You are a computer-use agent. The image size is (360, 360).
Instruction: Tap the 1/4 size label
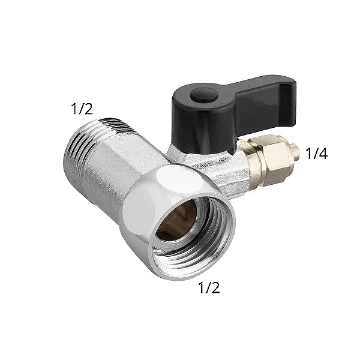point(317,154)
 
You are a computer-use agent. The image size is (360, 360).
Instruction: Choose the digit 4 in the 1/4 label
point(324,154)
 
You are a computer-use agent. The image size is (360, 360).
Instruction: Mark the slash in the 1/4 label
point(316,154)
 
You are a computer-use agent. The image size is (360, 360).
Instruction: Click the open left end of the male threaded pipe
point(71,153)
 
